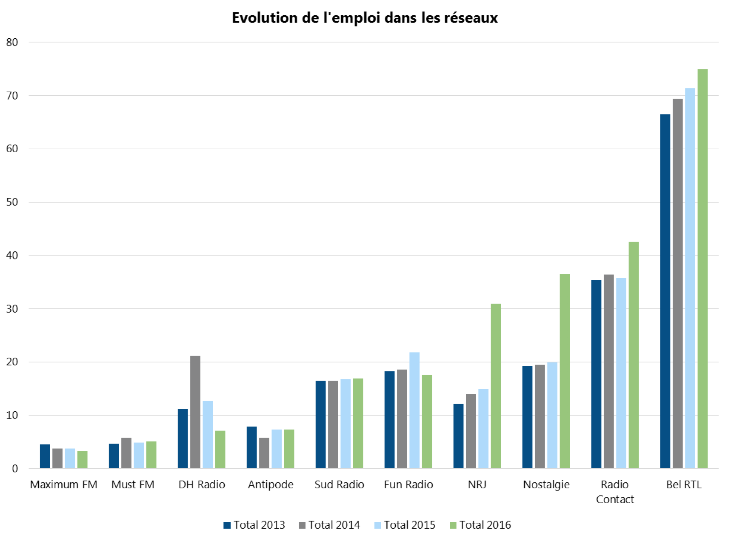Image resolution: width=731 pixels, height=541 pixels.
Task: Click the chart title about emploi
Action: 365,18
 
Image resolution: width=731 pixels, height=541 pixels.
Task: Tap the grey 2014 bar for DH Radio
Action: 195,412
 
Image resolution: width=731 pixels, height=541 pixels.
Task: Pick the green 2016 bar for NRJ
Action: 496,386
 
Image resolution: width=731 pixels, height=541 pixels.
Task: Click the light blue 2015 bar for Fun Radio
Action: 414,410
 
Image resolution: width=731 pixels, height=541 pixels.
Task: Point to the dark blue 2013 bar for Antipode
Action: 251,447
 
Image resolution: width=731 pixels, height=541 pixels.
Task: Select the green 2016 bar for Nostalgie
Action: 565,371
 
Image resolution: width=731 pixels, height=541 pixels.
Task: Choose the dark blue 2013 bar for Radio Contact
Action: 596,374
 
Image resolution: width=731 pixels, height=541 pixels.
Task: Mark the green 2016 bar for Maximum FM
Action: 83,460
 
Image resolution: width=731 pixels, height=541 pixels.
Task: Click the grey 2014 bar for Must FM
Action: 126,453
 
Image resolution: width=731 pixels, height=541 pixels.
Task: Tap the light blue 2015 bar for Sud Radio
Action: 346,424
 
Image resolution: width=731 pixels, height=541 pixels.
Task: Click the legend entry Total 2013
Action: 254,525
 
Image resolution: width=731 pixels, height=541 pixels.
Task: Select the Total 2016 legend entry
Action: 480,525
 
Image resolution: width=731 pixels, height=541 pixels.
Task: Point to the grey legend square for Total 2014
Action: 303,525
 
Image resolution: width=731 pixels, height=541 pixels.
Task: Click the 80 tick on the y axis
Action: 12,42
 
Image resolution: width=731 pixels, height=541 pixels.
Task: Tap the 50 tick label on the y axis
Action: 12,202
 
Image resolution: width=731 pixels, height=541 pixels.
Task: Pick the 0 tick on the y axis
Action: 15,469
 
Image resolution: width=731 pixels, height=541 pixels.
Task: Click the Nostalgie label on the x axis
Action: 546,484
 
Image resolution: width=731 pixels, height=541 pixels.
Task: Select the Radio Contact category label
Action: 615,492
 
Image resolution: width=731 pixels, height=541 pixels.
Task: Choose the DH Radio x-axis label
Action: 202,484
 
